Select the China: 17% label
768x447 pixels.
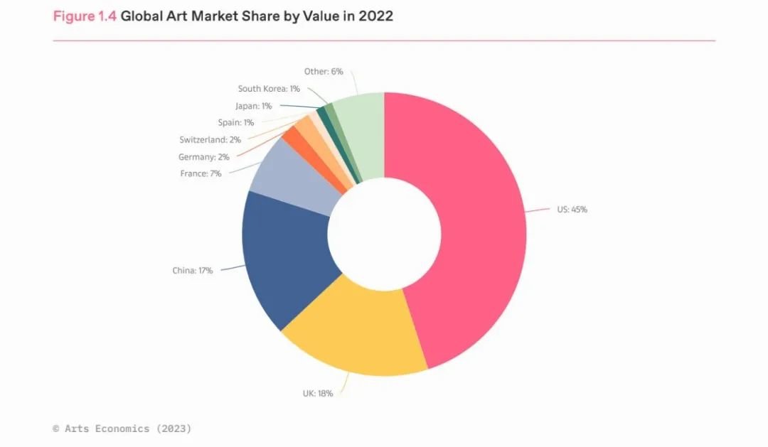tap(192, 271)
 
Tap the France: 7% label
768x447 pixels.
tap(201, 173)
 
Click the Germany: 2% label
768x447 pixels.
tap(203, 157)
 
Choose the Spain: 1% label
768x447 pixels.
tap(235, 123)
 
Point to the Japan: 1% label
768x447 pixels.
tap(253, 106)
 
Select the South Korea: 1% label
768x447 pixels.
tap(269, 89)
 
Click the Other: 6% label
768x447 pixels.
tap(324, 72)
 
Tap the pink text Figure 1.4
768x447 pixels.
tap(84, 16)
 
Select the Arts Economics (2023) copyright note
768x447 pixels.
tap(122, 429)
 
